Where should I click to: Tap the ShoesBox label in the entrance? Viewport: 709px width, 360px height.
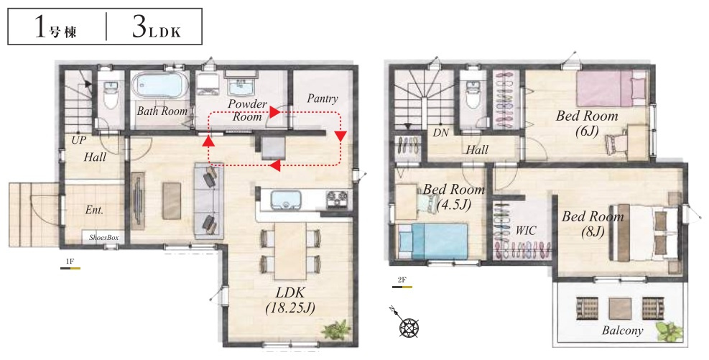point(103,237)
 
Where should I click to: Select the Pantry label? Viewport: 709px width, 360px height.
point(323,98)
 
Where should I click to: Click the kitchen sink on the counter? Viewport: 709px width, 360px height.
point(286,200)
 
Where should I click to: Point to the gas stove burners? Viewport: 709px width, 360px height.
point(337,199)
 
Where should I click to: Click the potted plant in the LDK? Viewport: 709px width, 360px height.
point(336,330)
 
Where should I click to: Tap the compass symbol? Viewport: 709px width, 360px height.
point(408,326)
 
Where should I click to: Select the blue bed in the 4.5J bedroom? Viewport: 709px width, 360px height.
point(432,241)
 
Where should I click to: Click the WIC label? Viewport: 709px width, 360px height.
point(526,231)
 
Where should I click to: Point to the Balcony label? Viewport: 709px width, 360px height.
point(622,331)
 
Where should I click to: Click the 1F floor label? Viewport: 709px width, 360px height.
point(70,262)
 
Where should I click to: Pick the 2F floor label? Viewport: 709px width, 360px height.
point(402,280)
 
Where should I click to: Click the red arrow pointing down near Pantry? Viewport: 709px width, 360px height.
point(340,136)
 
